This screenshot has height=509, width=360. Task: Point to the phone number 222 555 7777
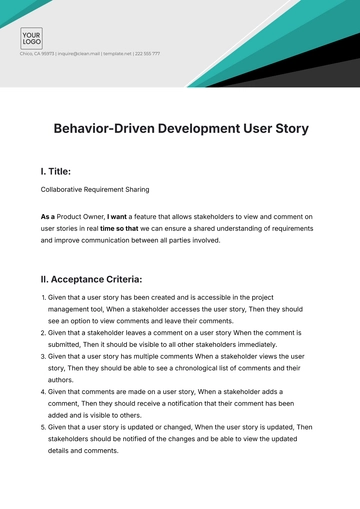146,53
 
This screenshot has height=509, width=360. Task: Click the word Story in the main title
283,129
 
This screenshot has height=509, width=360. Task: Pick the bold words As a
48,216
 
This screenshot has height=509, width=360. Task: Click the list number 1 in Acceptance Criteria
44,298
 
